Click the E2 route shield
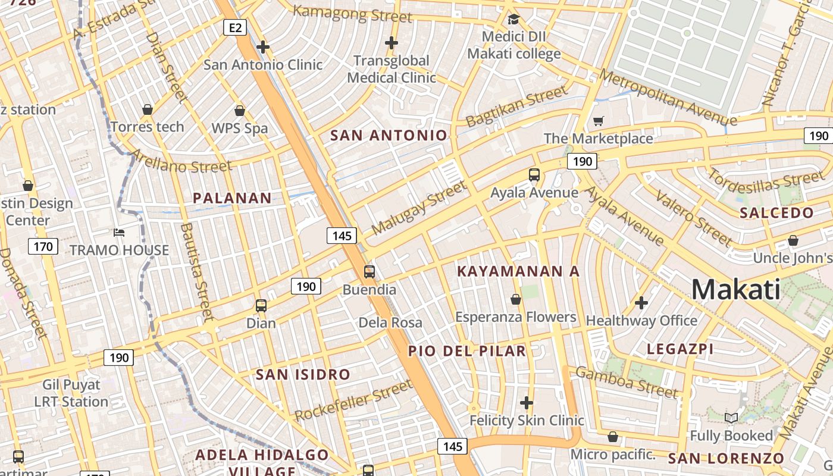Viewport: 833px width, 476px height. pos(236,27)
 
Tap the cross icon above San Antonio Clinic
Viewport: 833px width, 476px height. pos(263,46)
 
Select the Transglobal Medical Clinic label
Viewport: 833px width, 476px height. pos(391,69)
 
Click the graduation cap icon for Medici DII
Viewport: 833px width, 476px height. pos(513,20)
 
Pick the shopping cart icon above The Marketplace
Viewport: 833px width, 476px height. pos(598,121)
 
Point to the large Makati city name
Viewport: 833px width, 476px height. pos(735,290)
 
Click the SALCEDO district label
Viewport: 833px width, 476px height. pos(776,213)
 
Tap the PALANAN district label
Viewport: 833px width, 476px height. pos(232,198)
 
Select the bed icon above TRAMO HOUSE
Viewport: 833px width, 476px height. pos(119,232)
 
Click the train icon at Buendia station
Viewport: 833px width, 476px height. pos(369,272)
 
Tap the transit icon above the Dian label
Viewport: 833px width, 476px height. pos(261,306)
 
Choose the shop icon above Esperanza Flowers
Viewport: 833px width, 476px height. pos(516,299)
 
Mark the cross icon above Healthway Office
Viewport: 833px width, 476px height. pos(641,303)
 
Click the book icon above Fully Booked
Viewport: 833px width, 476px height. pos(731,418)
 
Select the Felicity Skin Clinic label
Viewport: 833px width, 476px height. pos(527,421)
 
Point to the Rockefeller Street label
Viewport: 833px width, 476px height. pos(353,403)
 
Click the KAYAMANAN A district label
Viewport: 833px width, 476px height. pos(518,271)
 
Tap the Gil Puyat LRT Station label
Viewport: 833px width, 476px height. pos(71,393)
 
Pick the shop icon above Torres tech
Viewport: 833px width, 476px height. pos(148,109)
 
